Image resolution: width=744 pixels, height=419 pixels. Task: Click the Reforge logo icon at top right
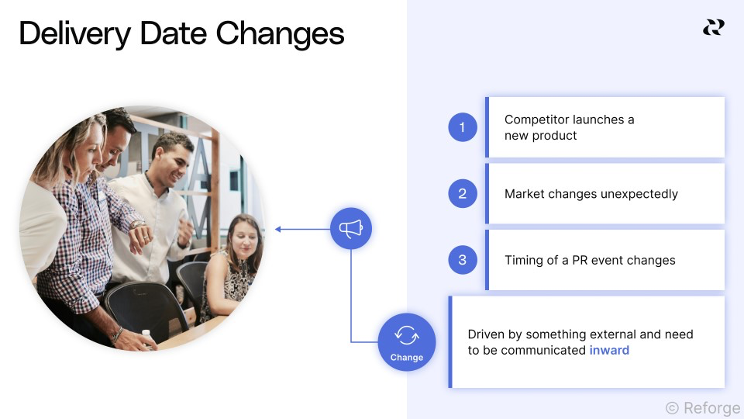pos(713,28)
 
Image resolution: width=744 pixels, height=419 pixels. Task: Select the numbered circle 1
pos(463,127)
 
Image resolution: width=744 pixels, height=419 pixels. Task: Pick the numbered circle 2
pos(463,193)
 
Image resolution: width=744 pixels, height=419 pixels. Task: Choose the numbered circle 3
pos(463,260)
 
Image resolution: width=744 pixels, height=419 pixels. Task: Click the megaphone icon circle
pos(351,229)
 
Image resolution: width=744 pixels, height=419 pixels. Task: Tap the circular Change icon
pos(407,342)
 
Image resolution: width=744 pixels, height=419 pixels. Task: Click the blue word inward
pos(609,350)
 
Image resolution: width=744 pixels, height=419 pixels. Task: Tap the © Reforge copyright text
pos(703,407)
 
